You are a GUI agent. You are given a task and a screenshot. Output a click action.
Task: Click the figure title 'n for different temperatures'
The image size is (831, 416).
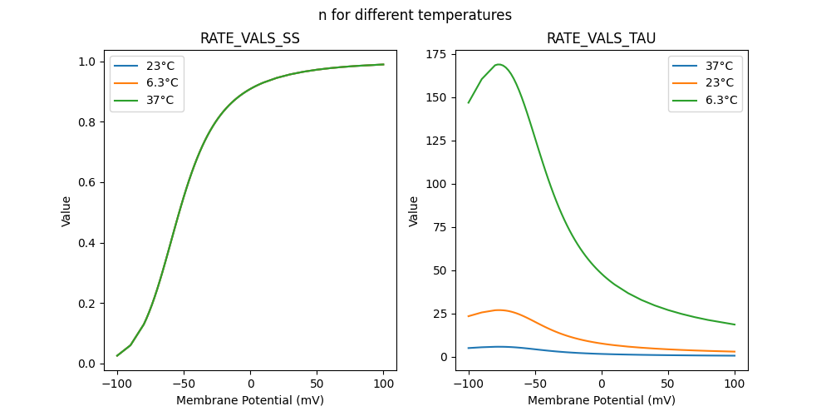point(415,15)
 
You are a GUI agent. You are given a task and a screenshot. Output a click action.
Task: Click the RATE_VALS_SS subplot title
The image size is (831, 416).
point(250,38)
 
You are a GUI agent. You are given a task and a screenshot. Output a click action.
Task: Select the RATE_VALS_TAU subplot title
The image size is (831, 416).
point(601,38)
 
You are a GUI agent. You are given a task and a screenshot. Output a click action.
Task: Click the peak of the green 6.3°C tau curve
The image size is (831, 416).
point(499,64)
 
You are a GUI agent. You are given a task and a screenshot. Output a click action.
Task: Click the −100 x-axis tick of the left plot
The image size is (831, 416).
point(117,384)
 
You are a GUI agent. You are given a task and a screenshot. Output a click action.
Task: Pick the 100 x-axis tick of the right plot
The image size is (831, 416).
point(735,384)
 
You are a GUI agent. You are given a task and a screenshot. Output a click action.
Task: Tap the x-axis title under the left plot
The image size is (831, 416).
point(250,400)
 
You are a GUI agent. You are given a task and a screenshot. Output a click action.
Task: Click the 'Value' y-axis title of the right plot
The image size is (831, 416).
point(414,211)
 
